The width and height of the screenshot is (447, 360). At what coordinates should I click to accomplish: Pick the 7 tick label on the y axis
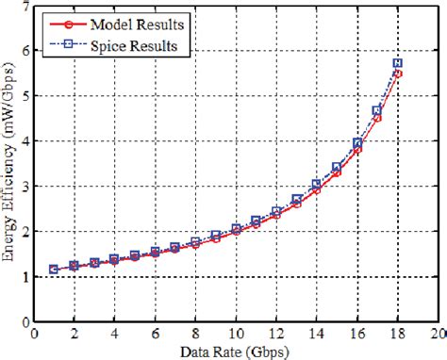coord(25,7)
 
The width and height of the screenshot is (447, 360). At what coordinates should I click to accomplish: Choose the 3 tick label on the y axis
coord(25,187)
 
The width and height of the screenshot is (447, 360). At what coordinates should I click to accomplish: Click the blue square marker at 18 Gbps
coord(396,63)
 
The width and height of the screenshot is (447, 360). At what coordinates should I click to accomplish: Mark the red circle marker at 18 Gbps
coord(396,74)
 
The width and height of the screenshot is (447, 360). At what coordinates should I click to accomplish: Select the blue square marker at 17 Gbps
coord(377,110)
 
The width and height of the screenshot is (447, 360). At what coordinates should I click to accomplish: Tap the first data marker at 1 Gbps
coord(54,270)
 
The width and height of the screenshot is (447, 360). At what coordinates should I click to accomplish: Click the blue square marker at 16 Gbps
coord(356,143)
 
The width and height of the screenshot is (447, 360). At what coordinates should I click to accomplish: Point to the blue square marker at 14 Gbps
coord(317,185)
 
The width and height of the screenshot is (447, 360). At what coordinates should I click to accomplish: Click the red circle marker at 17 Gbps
coord(377,118)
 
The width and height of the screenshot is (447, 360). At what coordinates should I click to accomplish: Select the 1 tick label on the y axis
coord(25,276)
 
